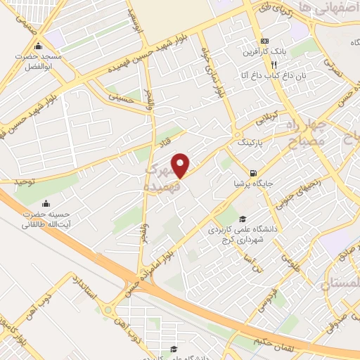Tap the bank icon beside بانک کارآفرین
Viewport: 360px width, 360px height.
pyautogui.click(x=264, y=41)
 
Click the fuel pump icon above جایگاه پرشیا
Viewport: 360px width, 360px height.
pyautogui.click(x=252, y=173)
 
